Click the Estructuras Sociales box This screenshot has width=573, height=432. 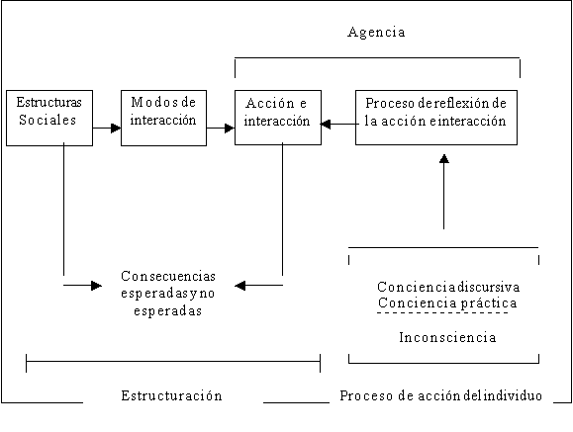pos(49,118)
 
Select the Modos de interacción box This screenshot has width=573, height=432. pos(163,118)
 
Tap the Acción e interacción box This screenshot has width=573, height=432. pos(278,118)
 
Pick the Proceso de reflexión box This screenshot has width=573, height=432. pos(436,118)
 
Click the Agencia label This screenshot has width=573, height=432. pos(376,33)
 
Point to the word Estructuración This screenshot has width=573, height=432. pos(171,395)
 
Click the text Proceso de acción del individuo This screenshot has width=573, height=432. pos(440,395)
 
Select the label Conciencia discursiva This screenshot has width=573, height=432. pos(448,287)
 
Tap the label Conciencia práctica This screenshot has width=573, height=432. pos(447,303)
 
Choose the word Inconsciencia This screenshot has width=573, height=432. pos(447,337)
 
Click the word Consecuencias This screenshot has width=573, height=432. pos(168,276)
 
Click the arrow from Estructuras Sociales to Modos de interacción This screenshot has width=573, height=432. pos(107,129)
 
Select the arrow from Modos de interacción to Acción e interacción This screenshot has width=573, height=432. pos(221,129)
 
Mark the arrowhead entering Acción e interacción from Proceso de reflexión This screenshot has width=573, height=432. pos(326,125)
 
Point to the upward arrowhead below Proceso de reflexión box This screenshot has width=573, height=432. pos(444,159)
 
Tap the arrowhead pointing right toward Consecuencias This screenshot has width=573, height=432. pos(96,286)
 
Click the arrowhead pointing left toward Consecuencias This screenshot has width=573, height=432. pos(240,286)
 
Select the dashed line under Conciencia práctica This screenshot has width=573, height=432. pos(443,313)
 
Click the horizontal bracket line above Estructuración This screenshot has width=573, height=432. pos(173,362)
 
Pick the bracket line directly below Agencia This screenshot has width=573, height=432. pos(377,57)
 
